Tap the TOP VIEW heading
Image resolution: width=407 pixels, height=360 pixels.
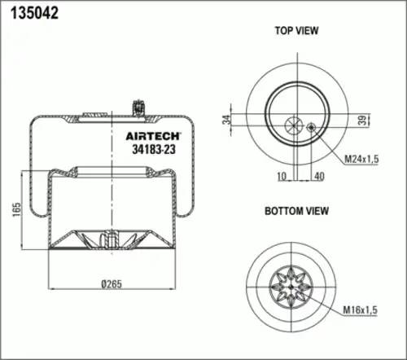pos(295,31)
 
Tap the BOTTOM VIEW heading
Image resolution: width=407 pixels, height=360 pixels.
pos(296,211)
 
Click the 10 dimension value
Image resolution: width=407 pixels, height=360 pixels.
pos(281,175)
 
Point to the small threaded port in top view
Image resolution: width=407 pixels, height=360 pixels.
pos(311,126)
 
